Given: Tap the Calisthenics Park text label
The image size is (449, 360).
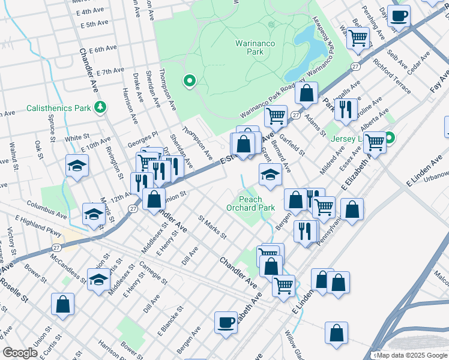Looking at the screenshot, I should click(x=58, y=109).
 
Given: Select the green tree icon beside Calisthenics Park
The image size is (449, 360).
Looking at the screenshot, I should click(x=100, y=107).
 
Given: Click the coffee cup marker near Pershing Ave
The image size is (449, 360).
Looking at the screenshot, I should click(x=399, y=16).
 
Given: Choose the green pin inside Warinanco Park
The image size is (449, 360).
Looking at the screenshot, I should click(x=190, y=80).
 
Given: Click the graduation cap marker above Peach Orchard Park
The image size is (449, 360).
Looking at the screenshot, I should click(x=270, y=175).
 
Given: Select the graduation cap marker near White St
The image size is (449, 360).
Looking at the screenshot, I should click(x=77, y=166).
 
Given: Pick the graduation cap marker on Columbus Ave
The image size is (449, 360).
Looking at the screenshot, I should click(x=94, y=214).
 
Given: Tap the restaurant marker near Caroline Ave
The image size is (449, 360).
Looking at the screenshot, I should click(x=345, y=109).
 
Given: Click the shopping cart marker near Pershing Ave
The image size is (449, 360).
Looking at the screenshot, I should click(x=358, y=38).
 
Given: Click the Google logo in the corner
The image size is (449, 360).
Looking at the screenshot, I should click(x=20, y=353).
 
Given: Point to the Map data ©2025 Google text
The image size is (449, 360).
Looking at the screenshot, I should click(x=411, y=355).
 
